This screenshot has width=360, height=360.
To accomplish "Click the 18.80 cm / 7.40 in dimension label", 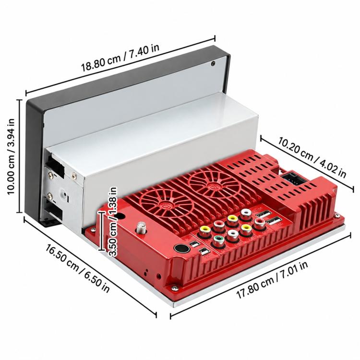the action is click(120, 58).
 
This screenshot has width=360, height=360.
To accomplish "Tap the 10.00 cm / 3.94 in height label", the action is click(11, 156).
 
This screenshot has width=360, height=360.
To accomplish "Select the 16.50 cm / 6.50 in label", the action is click(78, 268).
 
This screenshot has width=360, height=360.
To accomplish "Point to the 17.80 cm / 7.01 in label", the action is click(272, 280).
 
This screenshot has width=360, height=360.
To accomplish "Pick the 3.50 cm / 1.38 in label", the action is click(113, 222).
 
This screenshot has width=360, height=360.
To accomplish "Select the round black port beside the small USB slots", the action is click(181, 248).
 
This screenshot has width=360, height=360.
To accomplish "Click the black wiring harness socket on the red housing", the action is click(291, 179).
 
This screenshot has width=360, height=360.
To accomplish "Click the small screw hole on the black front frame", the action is click(213, 63).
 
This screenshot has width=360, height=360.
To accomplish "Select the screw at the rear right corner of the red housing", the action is click(337, 216).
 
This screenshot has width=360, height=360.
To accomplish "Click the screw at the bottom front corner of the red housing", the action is click(175, 288).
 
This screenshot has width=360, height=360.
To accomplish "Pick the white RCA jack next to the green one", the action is click(232, 235).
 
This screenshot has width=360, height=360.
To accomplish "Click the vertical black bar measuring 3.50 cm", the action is click(101, 231).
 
